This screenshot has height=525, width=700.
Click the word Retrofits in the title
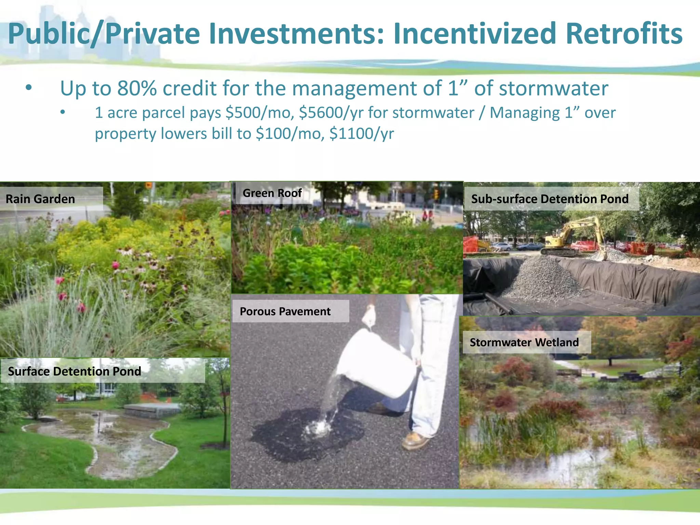point(624,33)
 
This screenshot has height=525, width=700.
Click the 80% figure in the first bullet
point(137,88)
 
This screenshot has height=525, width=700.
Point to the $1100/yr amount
point(361,134)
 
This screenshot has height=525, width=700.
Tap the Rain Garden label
point(40,199)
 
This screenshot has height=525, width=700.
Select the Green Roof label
point(272,193)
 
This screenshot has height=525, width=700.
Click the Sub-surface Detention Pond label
point(550,199)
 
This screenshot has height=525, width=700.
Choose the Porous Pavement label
point(285,311)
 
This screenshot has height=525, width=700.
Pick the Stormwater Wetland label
point(524,342)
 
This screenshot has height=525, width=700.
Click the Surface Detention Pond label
point(75,371)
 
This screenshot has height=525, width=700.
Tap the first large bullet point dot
point(29,88)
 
